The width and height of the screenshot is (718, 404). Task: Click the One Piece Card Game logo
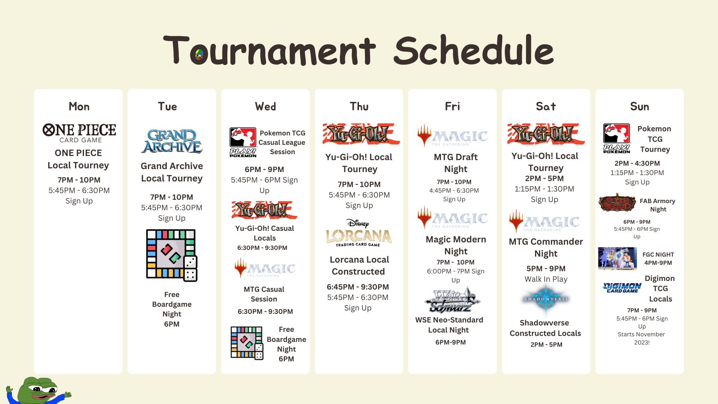click(x=79, y=133)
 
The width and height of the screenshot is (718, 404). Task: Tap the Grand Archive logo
click(x=172, y=141)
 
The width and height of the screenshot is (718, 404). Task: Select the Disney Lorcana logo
click(x=359, y=233)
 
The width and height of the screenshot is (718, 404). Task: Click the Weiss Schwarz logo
click(x=452, y=300)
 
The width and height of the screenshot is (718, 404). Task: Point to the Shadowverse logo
click(x=546, y=299)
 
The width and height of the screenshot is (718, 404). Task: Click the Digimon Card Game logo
click(x=622, y=288)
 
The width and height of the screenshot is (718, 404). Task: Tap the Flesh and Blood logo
click(x=617, y=202)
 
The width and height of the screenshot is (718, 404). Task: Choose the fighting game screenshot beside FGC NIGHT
click(x=617, y=258)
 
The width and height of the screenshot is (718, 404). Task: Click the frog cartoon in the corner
click(x=37, y=391)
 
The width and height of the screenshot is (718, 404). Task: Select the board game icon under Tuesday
click(x=172, y=255)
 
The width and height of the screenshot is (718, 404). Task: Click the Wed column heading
click(x=266, y=107)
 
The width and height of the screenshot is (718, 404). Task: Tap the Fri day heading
click(x=452, y=107)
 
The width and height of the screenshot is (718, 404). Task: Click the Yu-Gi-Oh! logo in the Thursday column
click(x=361, y=134)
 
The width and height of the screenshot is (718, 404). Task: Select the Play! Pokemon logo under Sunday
click(x=617, y=138)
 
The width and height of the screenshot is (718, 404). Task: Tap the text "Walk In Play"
click(x=546, y=279)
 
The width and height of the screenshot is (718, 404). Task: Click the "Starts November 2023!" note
click(x=642, y=338)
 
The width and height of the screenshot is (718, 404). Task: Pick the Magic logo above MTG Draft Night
click(x=453, y=135)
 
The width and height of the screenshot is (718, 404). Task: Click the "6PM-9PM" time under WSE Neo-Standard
click(x=451, y=342)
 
